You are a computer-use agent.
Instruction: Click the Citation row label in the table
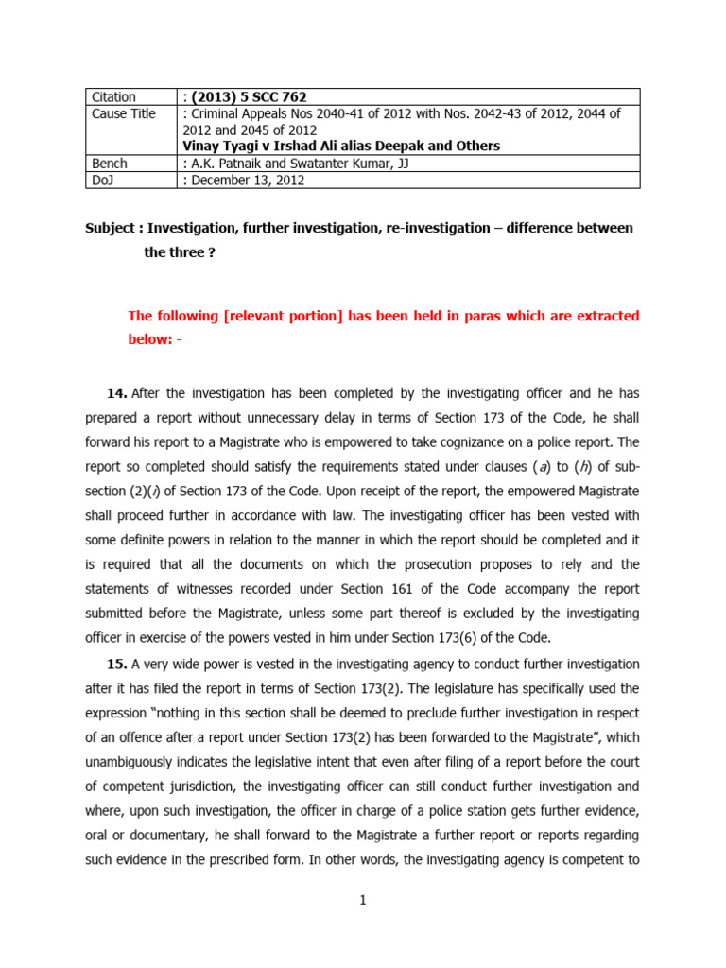[x=113, y=97]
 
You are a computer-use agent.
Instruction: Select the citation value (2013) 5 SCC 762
[x=247, y=97]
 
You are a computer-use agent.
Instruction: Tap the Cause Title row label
[x=124, y=114]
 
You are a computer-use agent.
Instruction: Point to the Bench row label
[x=110, y=164]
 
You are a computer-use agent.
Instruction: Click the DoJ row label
[x=104, y=180]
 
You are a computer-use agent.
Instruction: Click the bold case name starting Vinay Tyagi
[x=341, y=146]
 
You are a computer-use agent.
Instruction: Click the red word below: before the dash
[x=149, y=340]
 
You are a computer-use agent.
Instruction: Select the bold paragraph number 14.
[x=117, y=392]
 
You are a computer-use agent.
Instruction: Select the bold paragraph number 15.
[x=117, y=663]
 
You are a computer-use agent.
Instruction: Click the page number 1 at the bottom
[x=362, y=900]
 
